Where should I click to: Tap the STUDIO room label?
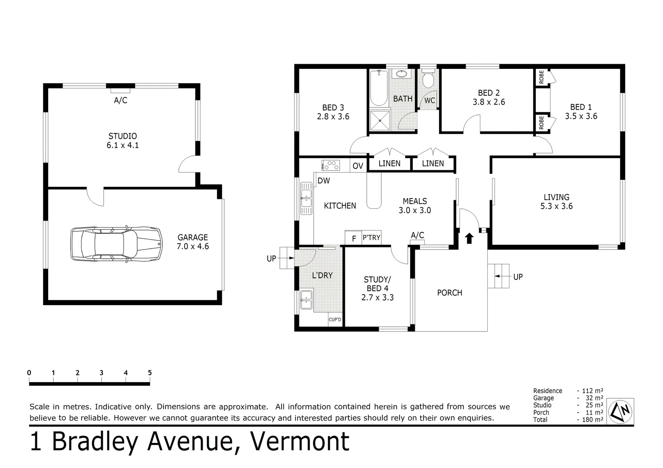point(123,136)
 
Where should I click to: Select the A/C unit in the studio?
point(121,91)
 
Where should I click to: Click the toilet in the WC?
point(428,80)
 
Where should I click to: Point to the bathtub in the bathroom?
point(379,88)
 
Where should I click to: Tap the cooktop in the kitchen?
point(331,165)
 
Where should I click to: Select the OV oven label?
point(358,166)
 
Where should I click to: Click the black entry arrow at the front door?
point(469,238)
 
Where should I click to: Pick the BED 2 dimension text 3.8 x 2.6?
point(489,102)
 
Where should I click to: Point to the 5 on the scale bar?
point(150,373)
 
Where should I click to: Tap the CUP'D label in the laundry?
point(335,320)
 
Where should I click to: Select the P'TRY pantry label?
point(371,237)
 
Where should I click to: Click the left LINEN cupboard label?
point(389,163)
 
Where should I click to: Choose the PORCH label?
point(450,293)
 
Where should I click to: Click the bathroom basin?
point(403,74)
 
